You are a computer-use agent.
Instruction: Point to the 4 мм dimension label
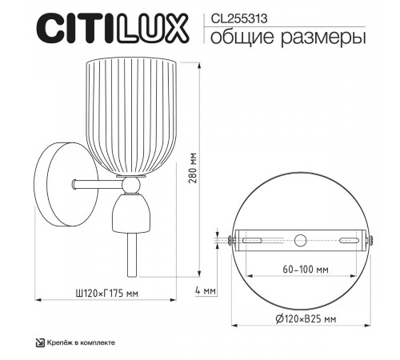[x=206, y=290]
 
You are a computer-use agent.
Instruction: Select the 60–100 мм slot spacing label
[x=299, y=269]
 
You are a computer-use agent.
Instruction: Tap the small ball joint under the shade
[x=132, y=185]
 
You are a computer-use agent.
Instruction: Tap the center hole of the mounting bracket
[x=300, y=239]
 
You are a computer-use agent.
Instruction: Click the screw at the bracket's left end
[x=229, y=239]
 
